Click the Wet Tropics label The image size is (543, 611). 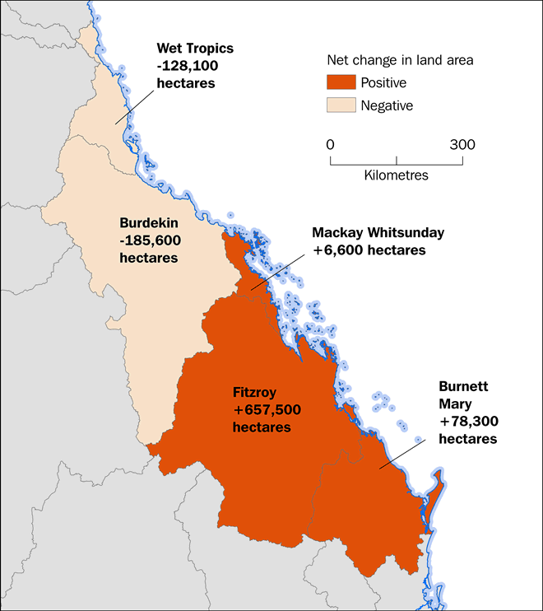click(x=197, y=48)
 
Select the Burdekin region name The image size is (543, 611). click(x=149, y=222)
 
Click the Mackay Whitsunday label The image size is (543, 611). click(x=378, y=232)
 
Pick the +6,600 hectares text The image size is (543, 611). click(x=369, y=250)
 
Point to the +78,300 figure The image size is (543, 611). click(x=467, y=422)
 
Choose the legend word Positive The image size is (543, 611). click(x=384, y=83)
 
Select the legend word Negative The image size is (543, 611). click(x=388, y=105)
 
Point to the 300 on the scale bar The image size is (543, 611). click(x=462, y=144)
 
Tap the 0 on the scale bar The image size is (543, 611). click(x=331, y=144)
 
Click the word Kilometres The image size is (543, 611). click(x=396, y=175)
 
